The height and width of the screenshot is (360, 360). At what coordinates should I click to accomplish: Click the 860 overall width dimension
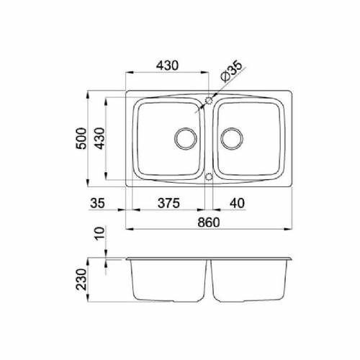click(x=209, y=222)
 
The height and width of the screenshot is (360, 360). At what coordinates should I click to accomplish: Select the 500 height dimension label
click(x=81, y=139)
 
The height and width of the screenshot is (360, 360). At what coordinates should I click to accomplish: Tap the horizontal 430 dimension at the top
click(x=167, y=66)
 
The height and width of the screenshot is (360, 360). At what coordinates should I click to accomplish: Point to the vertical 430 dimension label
click(x=99, y=138)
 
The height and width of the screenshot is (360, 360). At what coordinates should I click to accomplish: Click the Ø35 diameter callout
click(x=231, y=71)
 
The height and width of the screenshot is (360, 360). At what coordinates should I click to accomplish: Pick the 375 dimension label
click(x=168, y=203)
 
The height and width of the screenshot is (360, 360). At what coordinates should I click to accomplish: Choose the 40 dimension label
click(x=237, y=203)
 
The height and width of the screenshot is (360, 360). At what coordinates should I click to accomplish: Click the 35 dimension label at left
click(x=97, y=203)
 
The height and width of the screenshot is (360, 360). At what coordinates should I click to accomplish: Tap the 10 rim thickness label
click(x=99, y=233)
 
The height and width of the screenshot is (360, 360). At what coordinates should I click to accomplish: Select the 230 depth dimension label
click(x=81, y=279)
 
